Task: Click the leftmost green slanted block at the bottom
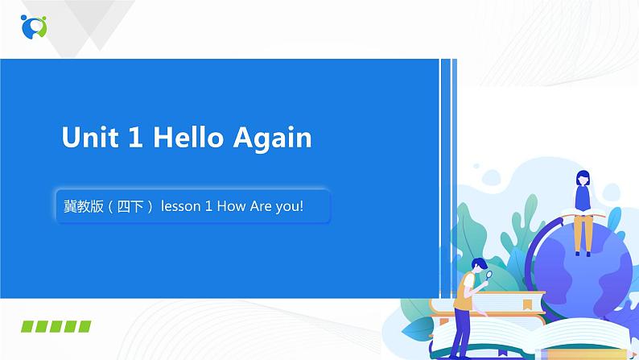(30, 326)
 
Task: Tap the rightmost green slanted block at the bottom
(83, 326)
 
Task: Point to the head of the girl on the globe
(582, 178)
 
